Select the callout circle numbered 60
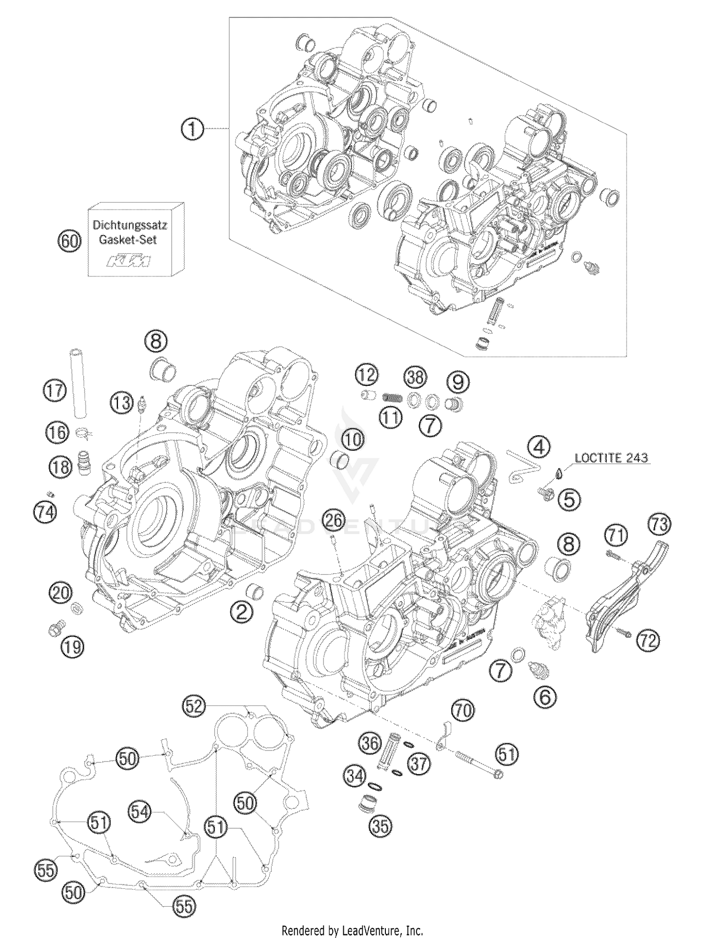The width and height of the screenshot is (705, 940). [x=69, y=241]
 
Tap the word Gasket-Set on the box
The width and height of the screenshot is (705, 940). [x=128, y=240]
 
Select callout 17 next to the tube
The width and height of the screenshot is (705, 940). [x=55, y=391]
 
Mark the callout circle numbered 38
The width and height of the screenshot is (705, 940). [x=416, y=377]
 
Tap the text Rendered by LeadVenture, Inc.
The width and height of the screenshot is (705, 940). [x=352, y=930]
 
